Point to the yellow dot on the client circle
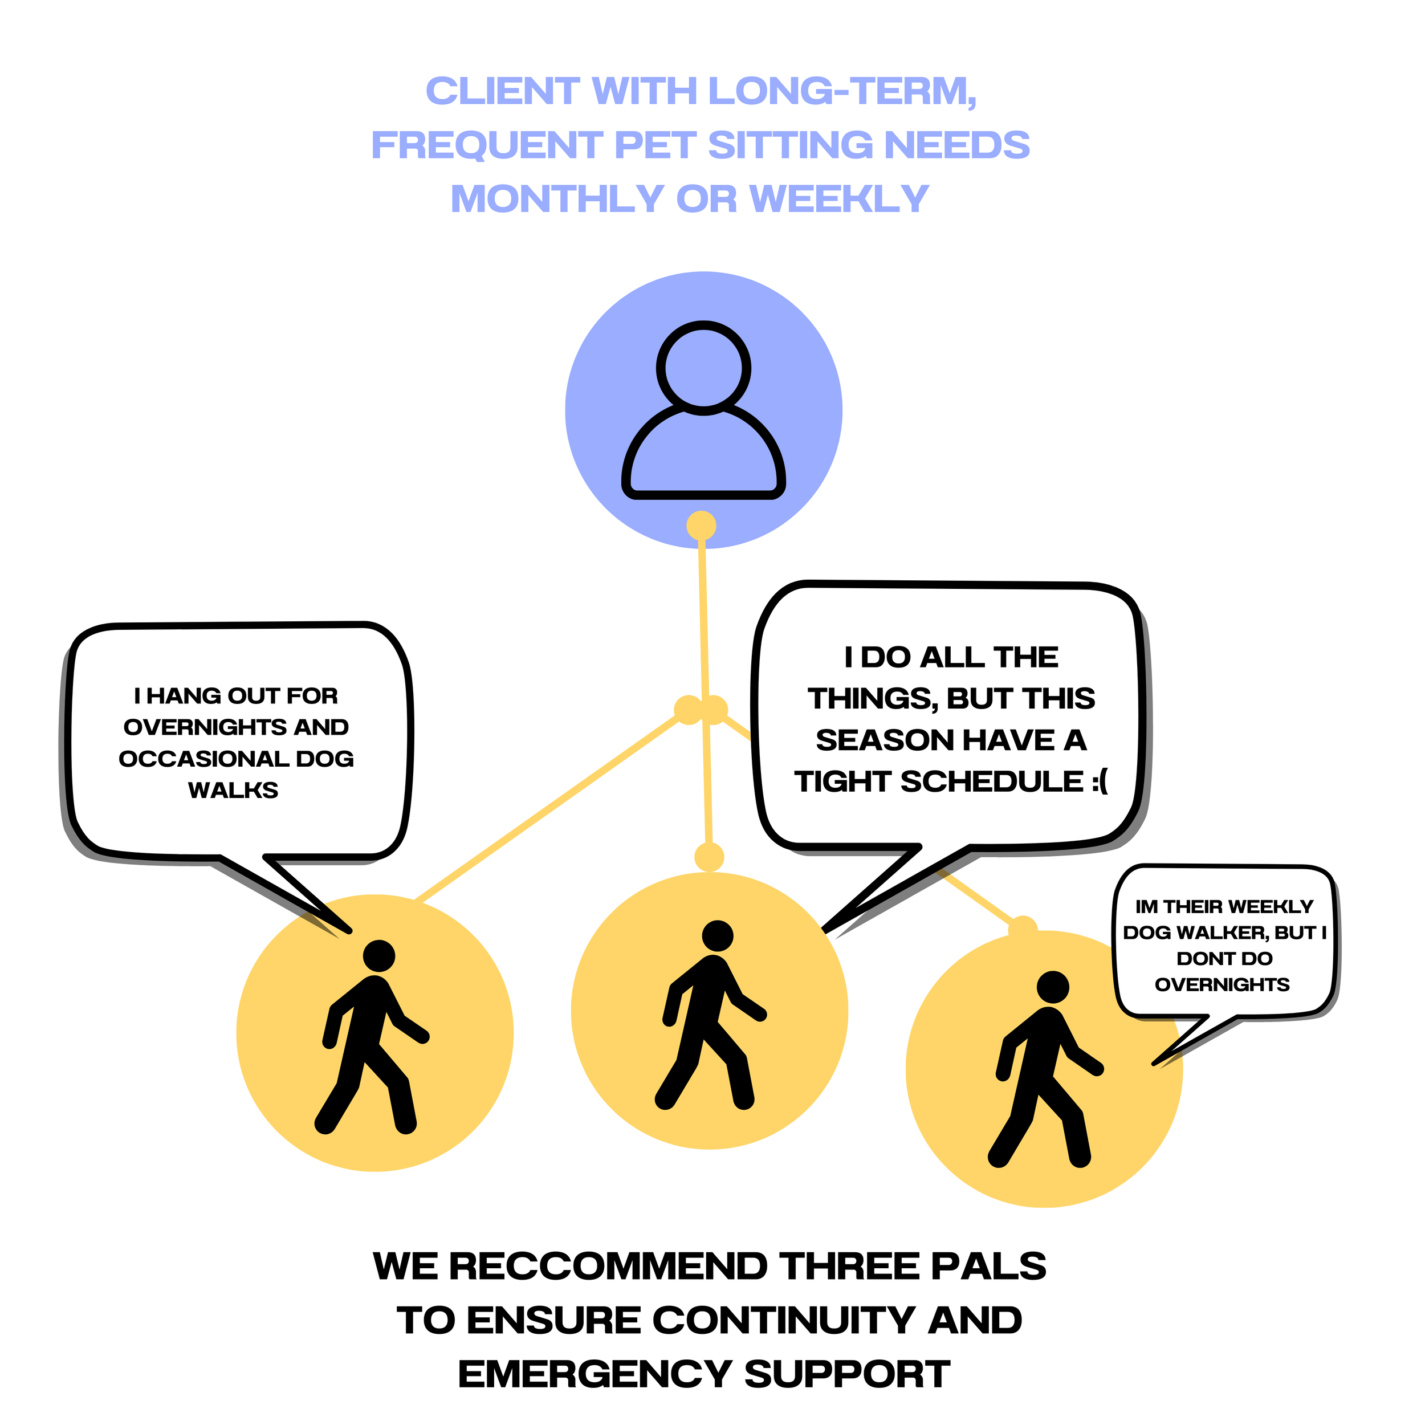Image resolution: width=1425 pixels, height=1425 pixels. click(x=702, y=526)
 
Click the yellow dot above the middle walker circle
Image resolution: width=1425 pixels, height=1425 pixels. click(x=710, y=858)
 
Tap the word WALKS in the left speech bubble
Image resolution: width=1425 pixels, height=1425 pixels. click(x=233, y=791)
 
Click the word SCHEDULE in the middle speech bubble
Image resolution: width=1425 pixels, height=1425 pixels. click(x=991, y=782)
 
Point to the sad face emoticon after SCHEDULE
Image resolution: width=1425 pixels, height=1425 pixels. click(x=1099, y=782)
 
